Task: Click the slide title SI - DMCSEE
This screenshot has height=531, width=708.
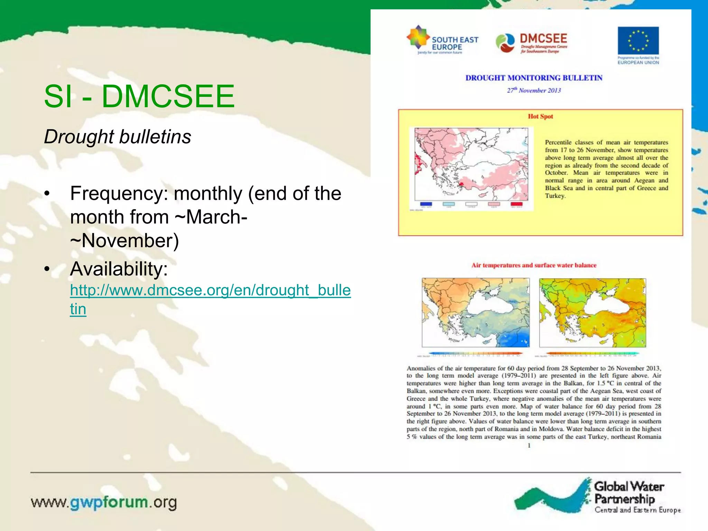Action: pos(139,96)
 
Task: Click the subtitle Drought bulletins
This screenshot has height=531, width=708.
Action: pos(118,137)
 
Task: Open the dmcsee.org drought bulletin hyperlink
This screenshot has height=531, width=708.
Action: pos(210,290)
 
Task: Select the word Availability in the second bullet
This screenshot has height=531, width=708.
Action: pos(119,269)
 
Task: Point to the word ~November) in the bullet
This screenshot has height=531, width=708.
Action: pos(124,241)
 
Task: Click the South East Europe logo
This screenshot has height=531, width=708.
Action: pos(442,41)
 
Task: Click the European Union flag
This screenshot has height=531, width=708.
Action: pos(638,41)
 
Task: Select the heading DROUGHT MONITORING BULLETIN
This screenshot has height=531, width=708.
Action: pos(534,78)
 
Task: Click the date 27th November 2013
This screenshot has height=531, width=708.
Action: pos(534,91)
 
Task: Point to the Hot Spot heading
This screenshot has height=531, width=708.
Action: pos(540,117)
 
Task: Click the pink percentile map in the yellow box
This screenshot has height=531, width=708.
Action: pos(471,164)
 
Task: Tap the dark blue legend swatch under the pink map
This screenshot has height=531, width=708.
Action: pos(426,204)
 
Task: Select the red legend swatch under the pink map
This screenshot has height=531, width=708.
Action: pos(517,204)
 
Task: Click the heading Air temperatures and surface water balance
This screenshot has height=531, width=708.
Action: pos(534,265)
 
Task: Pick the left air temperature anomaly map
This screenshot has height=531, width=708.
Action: pos(476,313)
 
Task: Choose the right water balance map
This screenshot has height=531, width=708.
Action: pos(593,313)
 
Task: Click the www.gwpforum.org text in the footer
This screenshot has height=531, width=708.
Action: pos(104,502)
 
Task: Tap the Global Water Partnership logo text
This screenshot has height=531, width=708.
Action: pos(629,493)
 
